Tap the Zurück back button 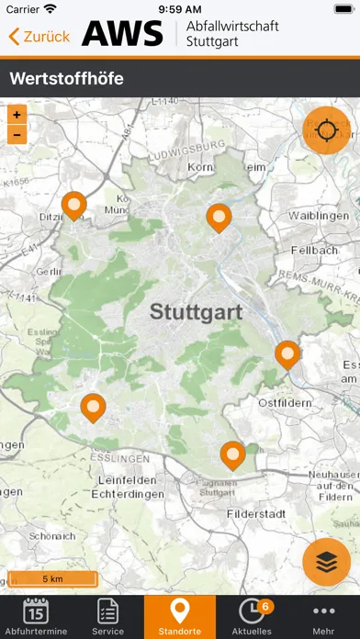pyautogui.click(x=39, y=37)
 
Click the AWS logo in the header pyautogui.click(x=122, y=34)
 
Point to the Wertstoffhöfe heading pyautogui.click(x=66, y=79)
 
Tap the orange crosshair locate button pyautogui.click(x=326, y=131)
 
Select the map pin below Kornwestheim pyautogui.click(x=219, y=217)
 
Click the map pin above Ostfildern pyautogui.click(x=288, y=353)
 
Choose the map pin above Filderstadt pyautogui.click(x=232, y=454)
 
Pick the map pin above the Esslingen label pyautogui.click(x=93, y=406)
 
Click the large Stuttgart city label pyautogui.click(x=196, y=312)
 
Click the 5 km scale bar pyautogui.click(x=52, y=578)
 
